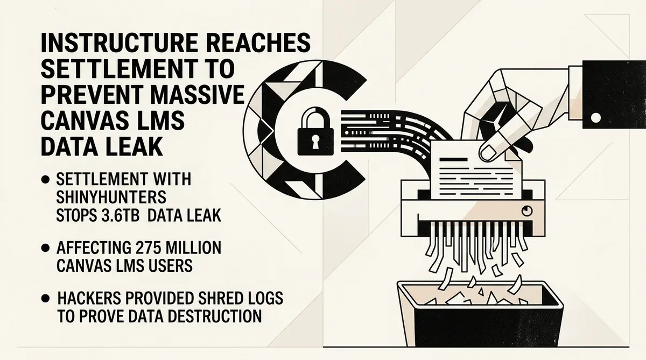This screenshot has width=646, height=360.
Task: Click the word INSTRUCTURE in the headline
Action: point(119,43)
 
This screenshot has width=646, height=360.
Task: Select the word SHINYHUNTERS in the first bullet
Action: point(111,197)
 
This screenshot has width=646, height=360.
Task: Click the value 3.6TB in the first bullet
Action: point(121,215)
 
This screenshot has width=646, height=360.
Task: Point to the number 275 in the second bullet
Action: point(146,248)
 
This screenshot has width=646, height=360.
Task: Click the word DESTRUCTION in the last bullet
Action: point(215,316)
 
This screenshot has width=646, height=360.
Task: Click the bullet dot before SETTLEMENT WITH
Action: point(46,180)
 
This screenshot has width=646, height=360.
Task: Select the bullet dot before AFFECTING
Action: point(46,248)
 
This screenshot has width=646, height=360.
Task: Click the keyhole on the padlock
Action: point(315,141)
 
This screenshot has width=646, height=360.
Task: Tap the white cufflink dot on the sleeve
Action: point(596,118)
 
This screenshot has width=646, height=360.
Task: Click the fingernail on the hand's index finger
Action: point(488,152)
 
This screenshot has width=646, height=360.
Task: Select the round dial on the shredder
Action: point(527,211)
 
